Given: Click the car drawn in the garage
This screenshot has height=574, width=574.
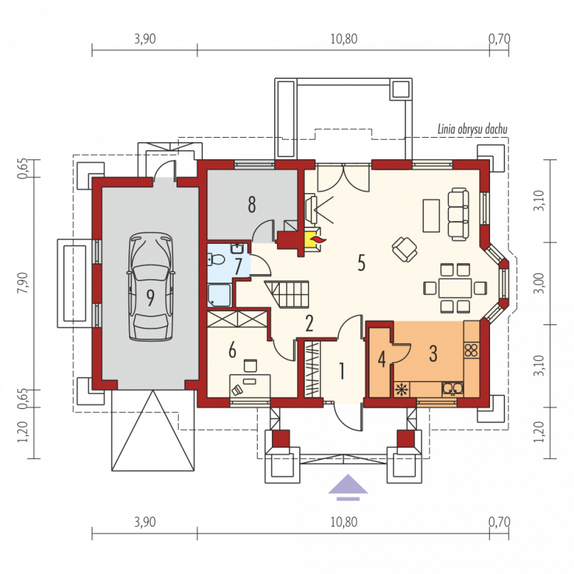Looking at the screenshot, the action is pyautogui.click(x=150, y=287).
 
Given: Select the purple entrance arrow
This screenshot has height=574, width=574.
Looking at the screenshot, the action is pyautogui.click(x=348, y=487).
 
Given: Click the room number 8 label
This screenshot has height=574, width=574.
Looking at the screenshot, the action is pyautogui.click(x=252, y=204).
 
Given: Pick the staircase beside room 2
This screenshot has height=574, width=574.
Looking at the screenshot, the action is pyautogui.click(x=286, y=294).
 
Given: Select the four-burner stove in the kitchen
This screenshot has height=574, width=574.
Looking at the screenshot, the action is pyautogui.click(x=471, y=350).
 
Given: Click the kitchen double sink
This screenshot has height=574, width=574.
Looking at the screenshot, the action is pyautogui.click(x=453, y=389).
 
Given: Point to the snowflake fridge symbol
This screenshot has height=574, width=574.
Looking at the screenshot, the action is pyautogui.click(x=402, y=389).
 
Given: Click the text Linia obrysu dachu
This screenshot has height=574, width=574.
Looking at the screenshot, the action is pyautogui.click(x=472, y=129).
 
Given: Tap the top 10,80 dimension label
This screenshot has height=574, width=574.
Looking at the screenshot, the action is pyautogui.click(x=344, y=39).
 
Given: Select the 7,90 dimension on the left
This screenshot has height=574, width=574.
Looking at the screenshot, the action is pyautogui.click(x=23, y=283).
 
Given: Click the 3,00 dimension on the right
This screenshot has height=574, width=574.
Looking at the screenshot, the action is pyautogui.click(x=540, y=283).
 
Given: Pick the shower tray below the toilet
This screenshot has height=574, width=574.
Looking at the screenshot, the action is pyautogui.click(x=220, y=296).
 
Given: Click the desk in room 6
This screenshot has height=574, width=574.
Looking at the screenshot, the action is pyautogui.click(x=250, y=385).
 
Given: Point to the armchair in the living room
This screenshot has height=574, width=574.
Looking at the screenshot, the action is pyautogui.click(x=405, y=249).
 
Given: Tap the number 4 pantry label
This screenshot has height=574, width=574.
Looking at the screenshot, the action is pyautogui.click(x=382, y=359).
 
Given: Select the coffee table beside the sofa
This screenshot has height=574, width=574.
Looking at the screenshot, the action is pyautogui.click(x=431, y=216).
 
